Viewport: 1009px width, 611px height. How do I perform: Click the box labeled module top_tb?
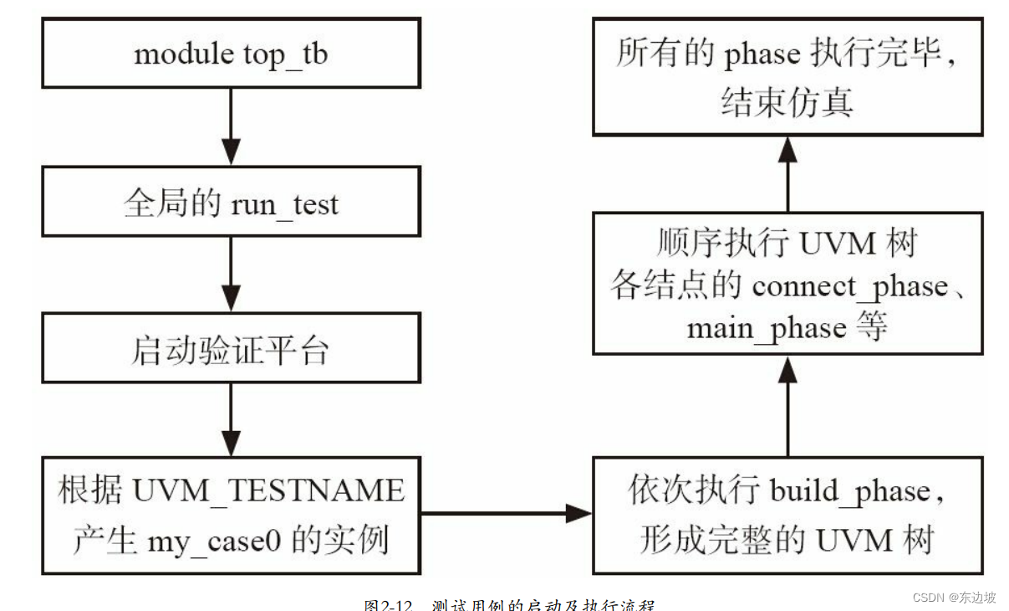pos(231,55)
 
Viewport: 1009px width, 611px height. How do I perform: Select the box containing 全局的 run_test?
pos(231,203)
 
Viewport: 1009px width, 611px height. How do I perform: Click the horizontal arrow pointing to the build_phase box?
pos(507,513)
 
